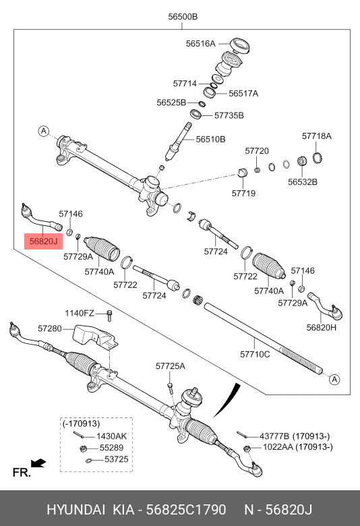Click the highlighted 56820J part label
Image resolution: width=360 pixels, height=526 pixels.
[43, 241]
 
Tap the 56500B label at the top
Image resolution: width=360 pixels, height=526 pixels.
[183, 16]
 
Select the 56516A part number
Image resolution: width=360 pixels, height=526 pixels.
[201, 44]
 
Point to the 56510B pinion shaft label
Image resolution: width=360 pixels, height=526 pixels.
[211, 139]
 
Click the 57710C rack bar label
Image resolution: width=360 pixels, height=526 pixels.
[255, 354]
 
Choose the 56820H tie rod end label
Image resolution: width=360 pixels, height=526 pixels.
[322, 327]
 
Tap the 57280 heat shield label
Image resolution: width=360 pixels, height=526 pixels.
[50, 328]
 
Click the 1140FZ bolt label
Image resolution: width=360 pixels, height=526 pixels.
[80, 313]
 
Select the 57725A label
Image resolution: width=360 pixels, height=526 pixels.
[171, 366]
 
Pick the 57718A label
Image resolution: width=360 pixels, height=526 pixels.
[317, 136]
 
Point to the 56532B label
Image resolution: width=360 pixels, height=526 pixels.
[303, 182]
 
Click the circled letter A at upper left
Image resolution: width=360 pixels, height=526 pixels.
[44, 131]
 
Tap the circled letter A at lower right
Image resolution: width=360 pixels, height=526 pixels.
[334, 380]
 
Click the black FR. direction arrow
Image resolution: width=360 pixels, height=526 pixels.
[38, 463]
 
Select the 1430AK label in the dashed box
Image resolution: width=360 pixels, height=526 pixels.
[112, 436]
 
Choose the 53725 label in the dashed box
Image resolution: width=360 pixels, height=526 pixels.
[117, 459]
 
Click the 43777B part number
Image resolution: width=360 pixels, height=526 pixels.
[274, 436]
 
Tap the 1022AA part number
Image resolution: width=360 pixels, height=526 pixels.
[278, 447]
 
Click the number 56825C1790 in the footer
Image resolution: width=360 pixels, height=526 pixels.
[186, 510]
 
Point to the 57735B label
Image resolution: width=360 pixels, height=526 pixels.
[229, 115]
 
